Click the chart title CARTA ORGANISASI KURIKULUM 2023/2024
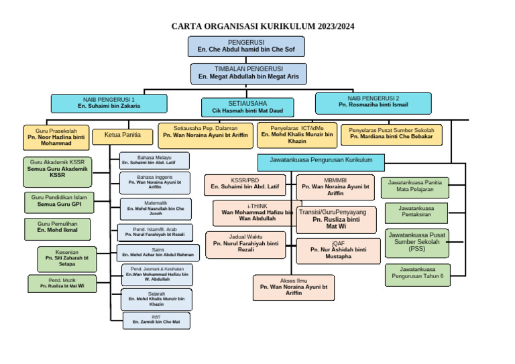263,27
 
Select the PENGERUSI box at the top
246,46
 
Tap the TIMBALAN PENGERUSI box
248,73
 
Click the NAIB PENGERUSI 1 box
109,103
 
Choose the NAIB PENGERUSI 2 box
373,102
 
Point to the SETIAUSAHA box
247,107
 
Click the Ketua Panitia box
123,135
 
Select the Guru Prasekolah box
56,137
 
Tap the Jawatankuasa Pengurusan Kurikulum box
321,162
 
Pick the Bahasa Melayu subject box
154,160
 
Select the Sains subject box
158,252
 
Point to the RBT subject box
156,320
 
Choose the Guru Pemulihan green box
58,229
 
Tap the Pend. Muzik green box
62,283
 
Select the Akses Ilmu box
293,287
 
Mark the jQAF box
338,251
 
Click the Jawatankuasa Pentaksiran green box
415,212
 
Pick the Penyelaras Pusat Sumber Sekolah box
392,134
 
